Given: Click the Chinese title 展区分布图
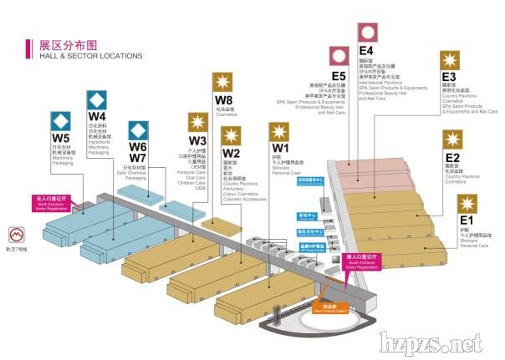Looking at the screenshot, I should tap(69, 44).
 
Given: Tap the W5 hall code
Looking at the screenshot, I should tap(61, 137).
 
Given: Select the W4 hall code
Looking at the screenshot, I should tap(97, 116).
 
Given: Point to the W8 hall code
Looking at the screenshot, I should tap(223, 101).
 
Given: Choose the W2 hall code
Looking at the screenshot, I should tap(231, 154).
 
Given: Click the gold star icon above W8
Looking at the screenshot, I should tap(223, 84).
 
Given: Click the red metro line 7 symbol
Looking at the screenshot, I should tap(16, 235).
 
